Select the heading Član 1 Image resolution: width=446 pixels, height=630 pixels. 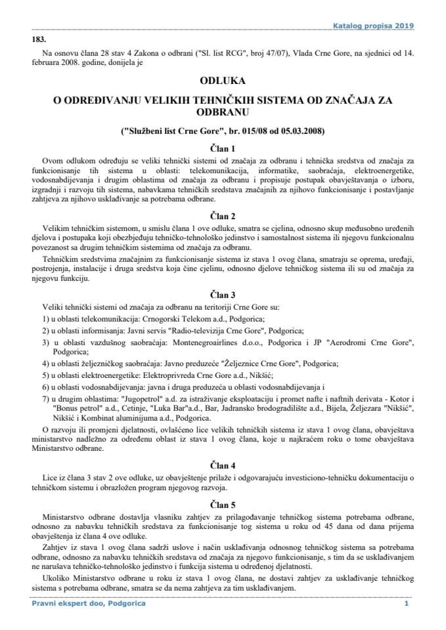pyautogui.click(x=222, y=148)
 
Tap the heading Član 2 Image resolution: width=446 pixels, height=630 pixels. pyautogui.click(x=222, y=215)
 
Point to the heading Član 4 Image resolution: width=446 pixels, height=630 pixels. pyautogui.click(x=222, y=465)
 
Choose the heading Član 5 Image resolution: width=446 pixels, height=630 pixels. pyautogui.click(x=222, y=505)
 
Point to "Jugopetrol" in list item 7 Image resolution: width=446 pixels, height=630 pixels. pyautogui.click(x=145, y=400)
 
